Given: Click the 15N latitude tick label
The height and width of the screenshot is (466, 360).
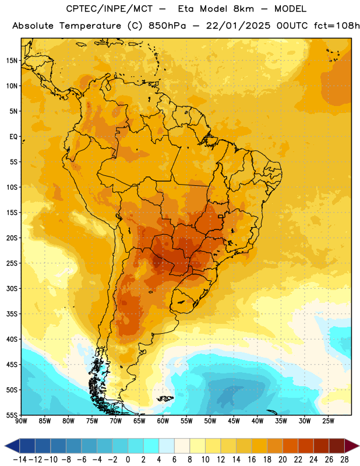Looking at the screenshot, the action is (x=12, y=61).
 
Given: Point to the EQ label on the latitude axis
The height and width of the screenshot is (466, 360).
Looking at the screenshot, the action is (x=13, y=137).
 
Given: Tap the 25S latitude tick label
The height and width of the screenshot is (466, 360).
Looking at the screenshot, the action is (x=12, y=263).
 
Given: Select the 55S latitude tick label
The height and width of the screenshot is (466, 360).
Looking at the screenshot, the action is (x=12, y=415).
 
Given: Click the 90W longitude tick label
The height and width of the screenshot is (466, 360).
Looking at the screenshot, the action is (x=21, y=421).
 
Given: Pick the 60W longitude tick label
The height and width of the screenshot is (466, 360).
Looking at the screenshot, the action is (x=163, y=421).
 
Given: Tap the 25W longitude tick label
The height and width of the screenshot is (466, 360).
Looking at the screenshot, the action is (x=328, y=421).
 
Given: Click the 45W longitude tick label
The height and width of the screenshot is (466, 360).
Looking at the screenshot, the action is (x=234, y=421).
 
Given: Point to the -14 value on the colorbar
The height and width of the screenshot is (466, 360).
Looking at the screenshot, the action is (x=20, y=460).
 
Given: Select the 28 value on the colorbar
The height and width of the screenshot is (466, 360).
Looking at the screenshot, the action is (x=344, y=460).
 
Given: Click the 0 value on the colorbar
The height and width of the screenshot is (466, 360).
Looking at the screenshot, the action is (x=128, y=460).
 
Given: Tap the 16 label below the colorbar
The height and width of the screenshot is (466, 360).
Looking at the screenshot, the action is (x=252, y=460).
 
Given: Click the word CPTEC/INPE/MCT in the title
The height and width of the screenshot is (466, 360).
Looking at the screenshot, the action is (x=109, y=9).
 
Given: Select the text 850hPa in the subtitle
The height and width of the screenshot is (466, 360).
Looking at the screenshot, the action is (x=167, y=26).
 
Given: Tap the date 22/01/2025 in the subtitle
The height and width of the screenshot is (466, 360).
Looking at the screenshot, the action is (x=238, y=26).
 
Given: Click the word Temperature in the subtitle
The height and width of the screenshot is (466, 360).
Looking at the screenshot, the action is (x=90, y=26).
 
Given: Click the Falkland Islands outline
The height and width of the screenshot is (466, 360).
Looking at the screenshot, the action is (x=165, y=398).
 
